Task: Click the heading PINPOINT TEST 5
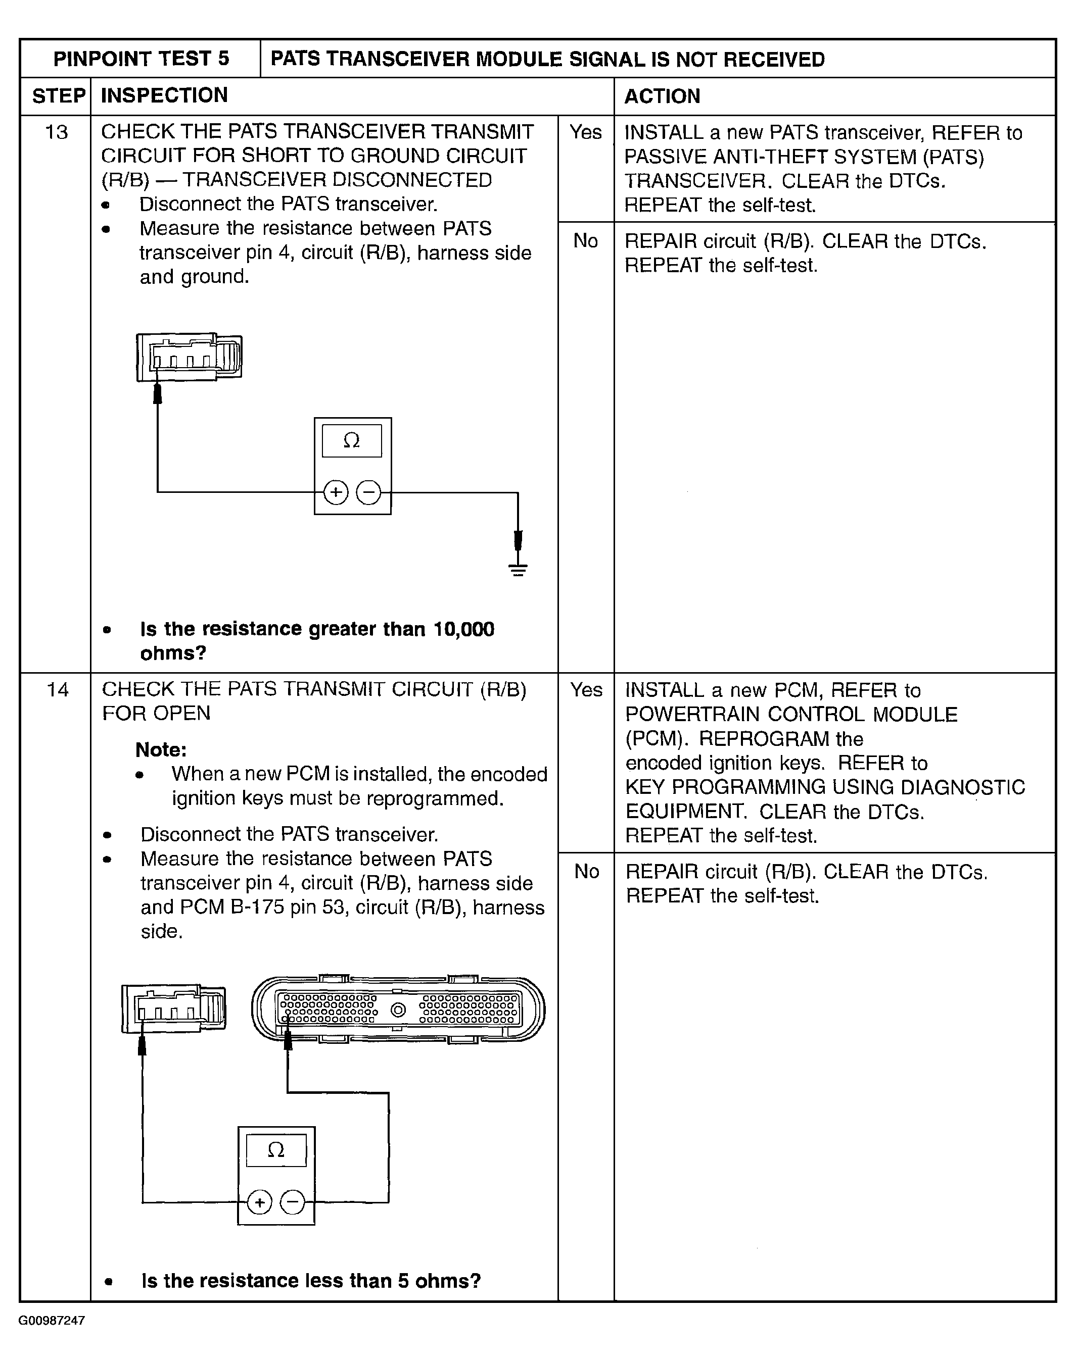pos(141,59)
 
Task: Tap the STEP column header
pos(58,95)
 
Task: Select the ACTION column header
pos(662,96)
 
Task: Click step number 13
pos(57,132)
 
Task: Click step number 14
pos(57,689)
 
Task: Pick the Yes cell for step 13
pos(585,132)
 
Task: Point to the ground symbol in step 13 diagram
pos(518,570)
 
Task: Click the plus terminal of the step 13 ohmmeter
pos(336,492)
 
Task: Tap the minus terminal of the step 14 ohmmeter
pos(292,1202)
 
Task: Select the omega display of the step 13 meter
pos(352,441)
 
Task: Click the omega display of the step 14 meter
pos(276,1150)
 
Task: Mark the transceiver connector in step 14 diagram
pos(174,1008)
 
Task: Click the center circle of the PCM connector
pos(398,1011)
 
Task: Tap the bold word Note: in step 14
pos(161,749)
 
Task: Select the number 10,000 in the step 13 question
pos(463,629)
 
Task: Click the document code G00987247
pos(52,1321)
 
